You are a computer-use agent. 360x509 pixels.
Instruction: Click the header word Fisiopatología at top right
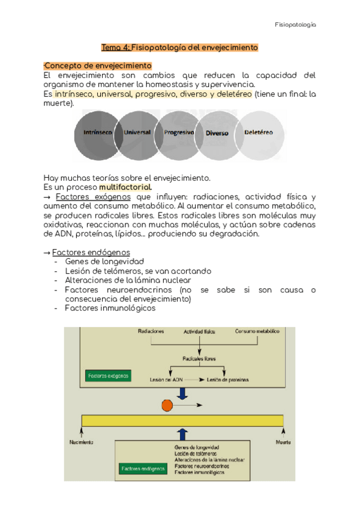click(295, 25)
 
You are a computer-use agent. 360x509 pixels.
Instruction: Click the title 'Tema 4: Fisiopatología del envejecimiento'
click(179, 47)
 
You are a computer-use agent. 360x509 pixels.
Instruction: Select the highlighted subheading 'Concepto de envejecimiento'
click(98, 65)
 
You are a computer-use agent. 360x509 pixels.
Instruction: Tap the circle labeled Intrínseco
click(96, 133)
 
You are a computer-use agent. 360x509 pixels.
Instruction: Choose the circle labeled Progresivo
click(179, 133)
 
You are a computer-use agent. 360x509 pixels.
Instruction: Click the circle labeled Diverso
click(217, 133)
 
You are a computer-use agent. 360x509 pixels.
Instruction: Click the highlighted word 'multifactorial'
click(125, 187)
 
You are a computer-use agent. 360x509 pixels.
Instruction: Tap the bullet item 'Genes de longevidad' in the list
click(104, 262)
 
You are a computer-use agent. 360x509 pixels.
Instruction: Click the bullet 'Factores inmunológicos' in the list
click(110, 308)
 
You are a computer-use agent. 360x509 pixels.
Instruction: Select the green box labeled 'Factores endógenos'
click(143, 468)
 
